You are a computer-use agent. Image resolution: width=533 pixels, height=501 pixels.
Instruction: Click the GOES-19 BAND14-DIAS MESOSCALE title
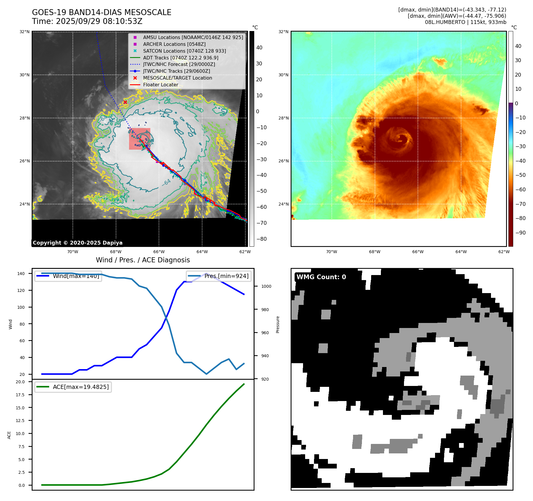click(102, 12)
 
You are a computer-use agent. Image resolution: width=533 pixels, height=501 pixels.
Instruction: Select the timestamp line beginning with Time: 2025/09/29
click(87, 21)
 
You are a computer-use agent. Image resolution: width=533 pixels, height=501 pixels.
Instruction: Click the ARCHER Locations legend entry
click(174, 44)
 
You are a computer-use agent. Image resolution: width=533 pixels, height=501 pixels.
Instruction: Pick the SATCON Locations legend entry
click(184, 51)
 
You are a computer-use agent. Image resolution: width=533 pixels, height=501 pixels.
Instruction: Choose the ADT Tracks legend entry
click(181, 58)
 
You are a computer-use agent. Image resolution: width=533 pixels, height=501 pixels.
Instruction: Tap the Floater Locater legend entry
click(160, 85)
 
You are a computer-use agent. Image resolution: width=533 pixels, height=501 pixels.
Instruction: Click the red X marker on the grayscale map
click(125, 102)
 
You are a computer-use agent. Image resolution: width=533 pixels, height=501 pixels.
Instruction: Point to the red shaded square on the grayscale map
click(139, 139)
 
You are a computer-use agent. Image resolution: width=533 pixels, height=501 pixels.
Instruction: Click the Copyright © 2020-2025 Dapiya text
click(78, 243)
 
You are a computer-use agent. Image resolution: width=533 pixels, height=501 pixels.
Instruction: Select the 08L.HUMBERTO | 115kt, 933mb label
click(465, 22)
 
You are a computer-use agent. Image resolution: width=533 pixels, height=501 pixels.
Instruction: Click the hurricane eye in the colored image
click(402, 138)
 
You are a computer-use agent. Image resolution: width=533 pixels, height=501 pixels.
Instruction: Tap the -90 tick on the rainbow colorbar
click(520, 233)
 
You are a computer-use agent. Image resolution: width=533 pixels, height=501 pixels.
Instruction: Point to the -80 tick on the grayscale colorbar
click(261, 239)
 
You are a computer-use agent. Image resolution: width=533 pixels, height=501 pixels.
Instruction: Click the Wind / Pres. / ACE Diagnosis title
click(143, 260)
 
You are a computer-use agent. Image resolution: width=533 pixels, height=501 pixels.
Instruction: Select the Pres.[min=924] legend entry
click(226, 276)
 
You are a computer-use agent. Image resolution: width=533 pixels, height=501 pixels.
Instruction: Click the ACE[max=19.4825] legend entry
click(80, 387)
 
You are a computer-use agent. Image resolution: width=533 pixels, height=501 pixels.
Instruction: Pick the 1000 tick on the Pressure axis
click(266, 286)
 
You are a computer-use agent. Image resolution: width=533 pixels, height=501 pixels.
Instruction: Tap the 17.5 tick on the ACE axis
click(20, 395)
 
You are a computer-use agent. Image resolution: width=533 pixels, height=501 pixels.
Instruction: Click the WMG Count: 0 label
click(321, 277)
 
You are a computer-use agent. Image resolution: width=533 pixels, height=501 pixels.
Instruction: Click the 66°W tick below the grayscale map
click(159, 252)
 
